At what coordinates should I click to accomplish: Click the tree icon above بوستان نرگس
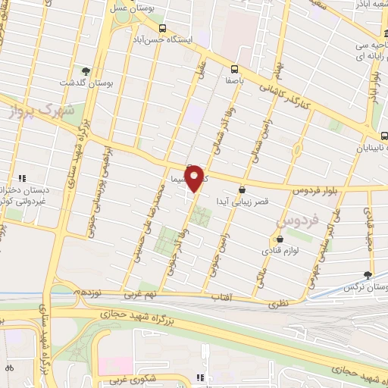[x=368, y=274]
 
